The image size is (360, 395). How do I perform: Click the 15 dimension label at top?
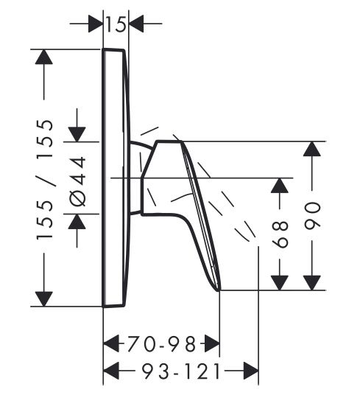click(116, 24)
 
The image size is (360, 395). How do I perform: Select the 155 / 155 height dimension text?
click(46, 179)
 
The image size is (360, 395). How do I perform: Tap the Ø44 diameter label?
click(77, 181)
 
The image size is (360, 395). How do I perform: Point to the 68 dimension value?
click(280, 234)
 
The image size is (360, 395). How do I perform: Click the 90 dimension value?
click(312, 215)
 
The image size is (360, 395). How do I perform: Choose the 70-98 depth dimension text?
click(161, 343)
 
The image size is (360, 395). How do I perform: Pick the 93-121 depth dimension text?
click(180, 371)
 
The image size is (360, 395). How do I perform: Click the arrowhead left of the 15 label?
click(96, 24)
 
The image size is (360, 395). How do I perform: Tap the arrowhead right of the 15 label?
click(136, 24)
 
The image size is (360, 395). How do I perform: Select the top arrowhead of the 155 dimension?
click(44, 57)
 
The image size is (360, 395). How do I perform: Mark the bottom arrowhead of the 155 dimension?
click(44, 298)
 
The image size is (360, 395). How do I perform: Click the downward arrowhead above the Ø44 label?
click(77, 135)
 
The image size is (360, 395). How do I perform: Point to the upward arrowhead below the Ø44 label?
click(77, 221)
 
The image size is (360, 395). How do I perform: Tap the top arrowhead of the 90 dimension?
click(312, 149)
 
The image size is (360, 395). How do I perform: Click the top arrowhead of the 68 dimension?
click(280, 186)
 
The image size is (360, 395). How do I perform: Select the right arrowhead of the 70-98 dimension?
click(212, 343)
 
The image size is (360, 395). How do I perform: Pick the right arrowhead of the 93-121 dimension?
click(251, 371)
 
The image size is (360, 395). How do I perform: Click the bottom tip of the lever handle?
click(219, 290)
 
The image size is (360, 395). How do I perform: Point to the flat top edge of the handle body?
click(169, 141)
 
